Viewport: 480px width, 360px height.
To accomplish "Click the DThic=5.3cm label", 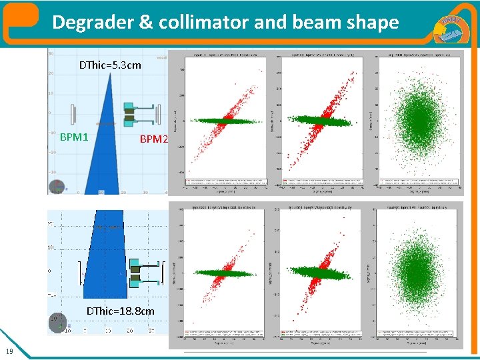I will [x=110, y=65].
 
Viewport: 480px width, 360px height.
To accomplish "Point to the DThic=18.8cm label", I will [x=121, y=311].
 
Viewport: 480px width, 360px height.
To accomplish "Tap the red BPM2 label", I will [x=153, y=139].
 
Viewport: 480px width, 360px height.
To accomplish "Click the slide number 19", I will [x=8, y=351].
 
